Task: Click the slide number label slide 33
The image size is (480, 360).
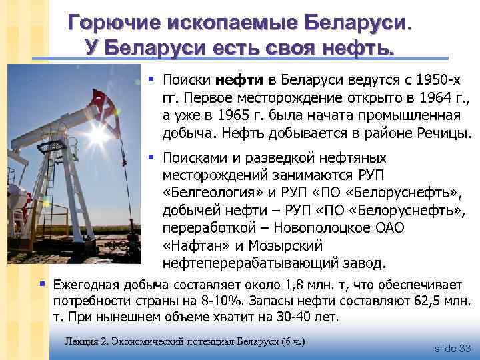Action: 452,348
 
